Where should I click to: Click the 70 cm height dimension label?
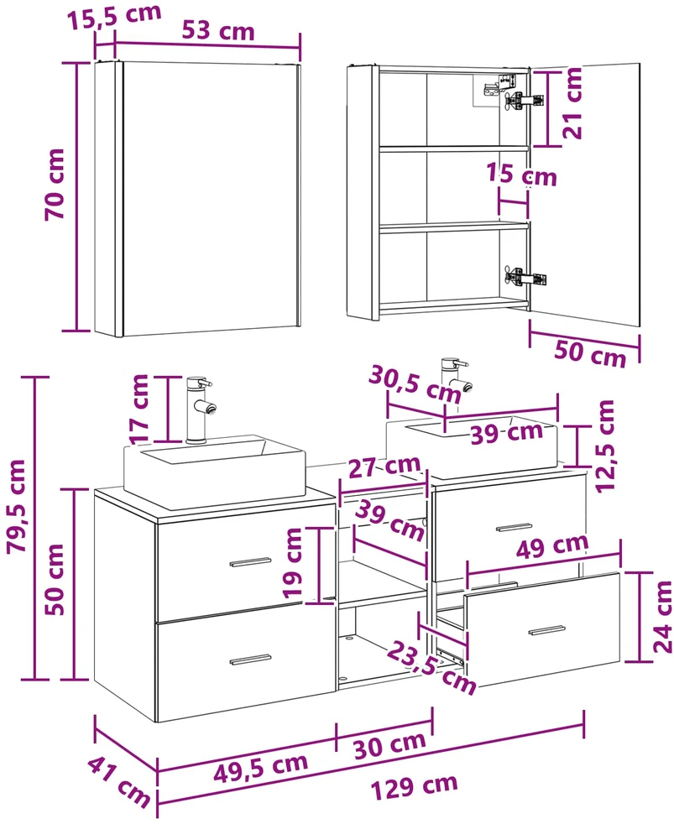[55, 184]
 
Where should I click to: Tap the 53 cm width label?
[218, 31]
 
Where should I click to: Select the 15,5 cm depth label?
[113, 16]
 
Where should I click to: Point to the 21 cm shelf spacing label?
[573, 103]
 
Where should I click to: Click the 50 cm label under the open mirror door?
[590, 353]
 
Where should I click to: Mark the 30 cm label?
[389, 744]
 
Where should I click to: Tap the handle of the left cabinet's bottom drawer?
[250, 659]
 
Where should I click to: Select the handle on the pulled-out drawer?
[546, 630]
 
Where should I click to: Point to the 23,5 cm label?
[431, 668]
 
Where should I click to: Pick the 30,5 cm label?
[415, 384]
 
